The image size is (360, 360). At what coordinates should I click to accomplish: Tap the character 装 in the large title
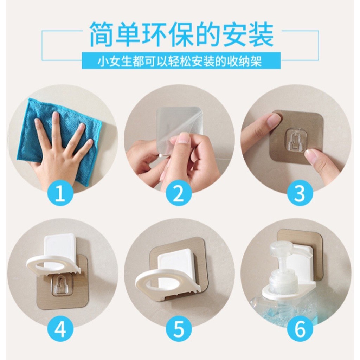tap(261, 35)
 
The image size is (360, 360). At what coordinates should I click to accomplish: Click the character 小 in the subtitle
tap(103, 62)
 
